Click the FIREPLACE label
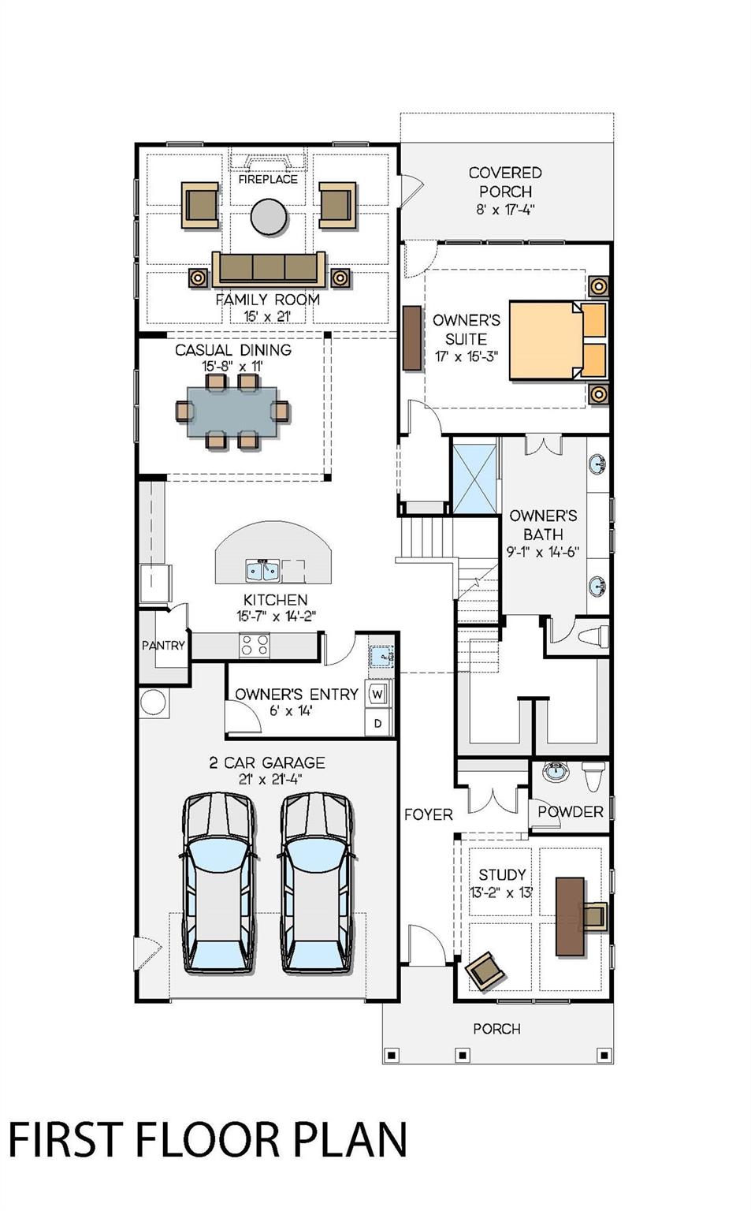coord(268,179)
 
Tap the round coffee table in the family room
coord(269,216)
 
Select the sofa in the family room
coord(269,269)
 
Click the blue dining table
coord(232,412)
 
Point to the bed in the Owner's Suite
coord(558,340)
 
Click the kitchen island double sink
coord(262,571)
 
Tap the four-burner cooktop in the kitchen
coord(255,645)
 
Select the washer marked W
coord(378,694)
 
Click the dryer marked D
coord(378,723)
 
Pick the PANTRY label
coord(163,645)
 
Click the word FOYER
coord(429,814)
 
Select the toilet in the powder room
coord(593,777)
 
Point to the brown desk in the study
coord(570,916)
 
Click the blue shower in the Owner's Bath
coord(474,479)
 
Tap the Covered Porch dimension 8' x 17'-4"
coord(505,210)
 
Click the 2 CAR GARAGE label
coord(267,763)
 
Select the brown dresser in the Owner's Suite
coord(411,338)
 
